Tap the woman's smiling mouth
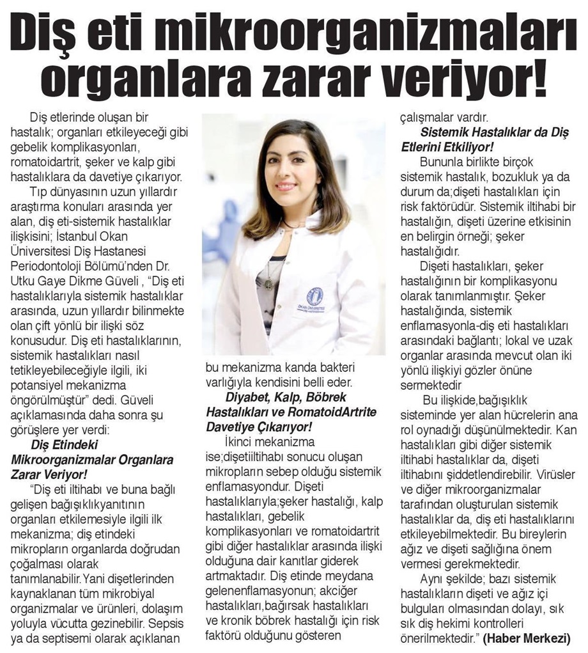point(286,186)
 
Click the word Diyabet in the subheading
point(238,397)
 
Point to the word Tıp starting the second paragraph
point(38,191)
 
